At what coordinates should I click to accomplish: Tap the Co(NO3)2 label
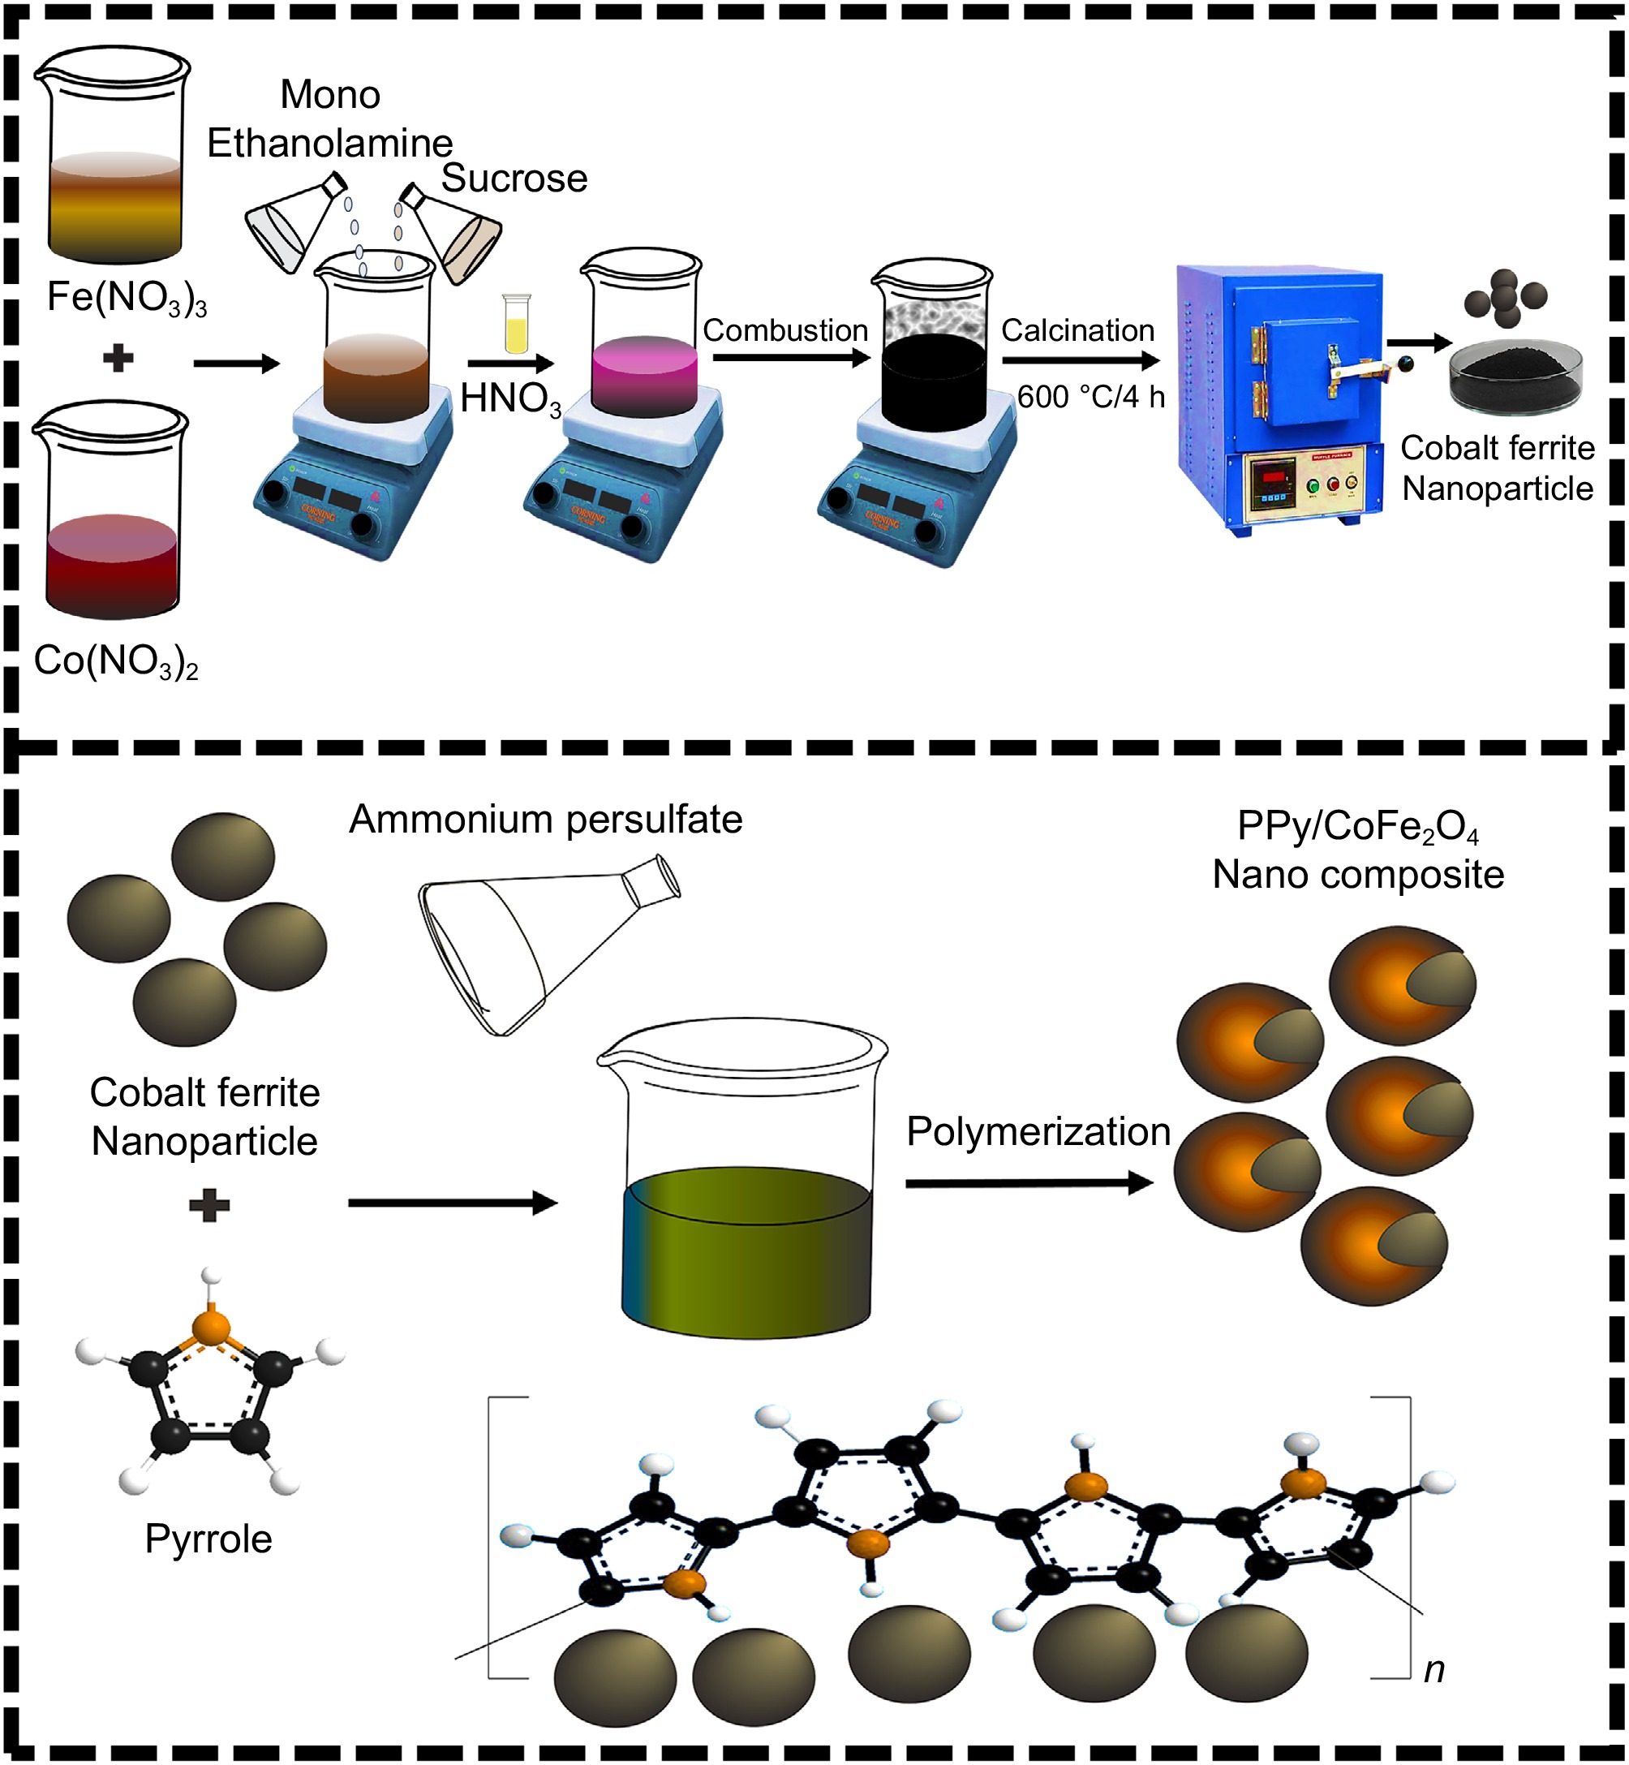coord(115,661)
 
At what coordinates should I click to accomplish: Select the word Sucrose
coord(514,179)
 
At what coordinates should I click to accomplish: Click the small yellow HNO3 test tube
coord(517,325)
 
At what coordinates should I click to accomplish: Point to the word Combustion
coord(784,330)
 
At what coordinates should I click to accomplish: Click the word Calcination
coord(1077,330)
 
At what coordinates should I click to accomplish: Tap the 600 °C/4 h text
coord(1090,397)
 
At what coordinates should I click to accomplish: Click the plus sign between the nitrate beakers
coord(118,358)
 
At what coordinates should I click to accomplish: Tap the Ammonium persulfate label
coord(546,820)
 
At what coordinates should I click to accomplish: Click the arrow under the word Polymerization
coord(1029,1183)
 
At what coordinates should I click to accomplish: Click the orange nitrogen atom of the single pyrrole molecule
coord(210,1325)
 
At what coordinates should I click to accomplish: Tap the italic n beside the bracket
coord(1434,1669)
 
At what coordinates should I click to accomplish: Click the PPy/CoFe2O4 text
coord(1357,827)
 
